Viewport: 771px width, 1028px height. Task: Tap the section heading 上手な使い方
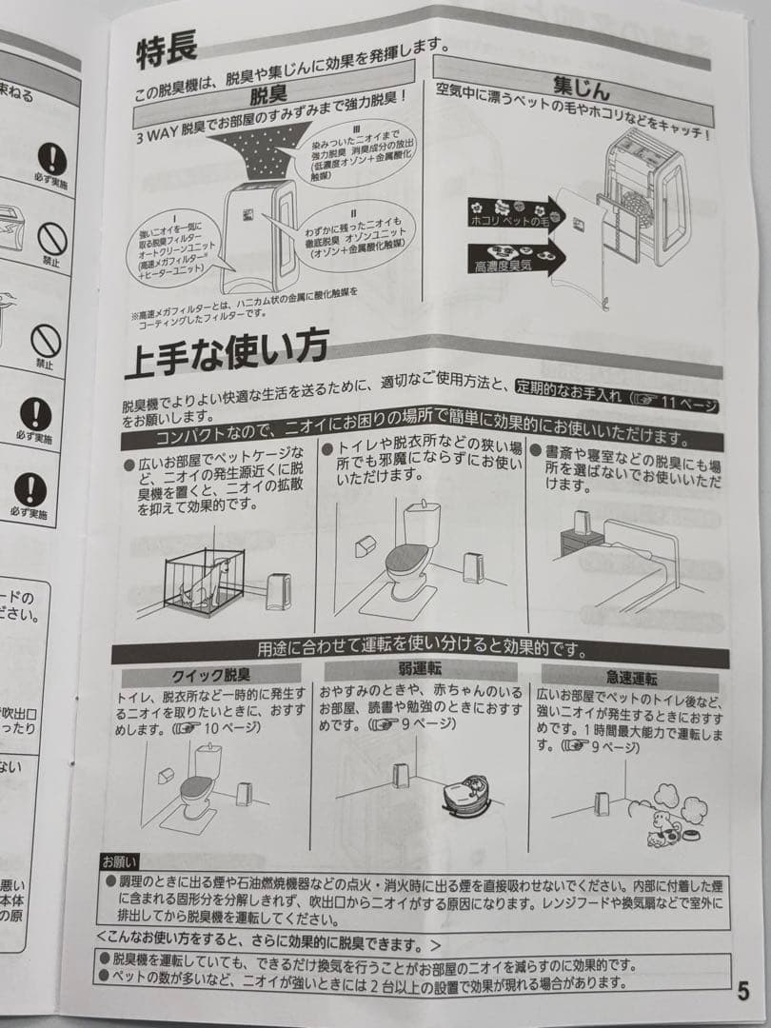point(227,353)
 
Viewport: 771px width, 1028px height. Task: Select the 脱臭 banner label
point(267,96)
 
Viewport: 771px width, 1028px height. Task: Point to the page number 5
point(742,991)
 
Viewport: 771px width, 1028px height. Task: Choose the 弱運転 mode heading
point(419,669)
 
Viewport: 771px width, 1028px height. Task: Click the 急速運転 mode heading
point(631,678)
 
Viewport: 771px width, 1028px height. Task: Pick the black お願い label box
point(120,862)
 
